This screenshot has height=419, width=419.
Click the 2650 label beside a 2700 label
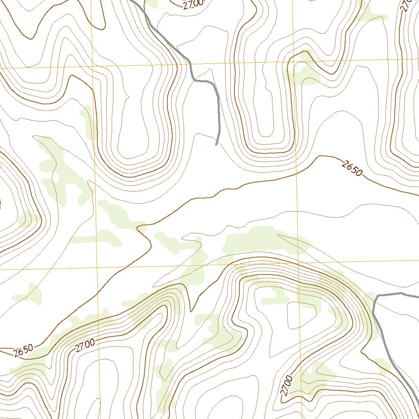click(x=23, y=350)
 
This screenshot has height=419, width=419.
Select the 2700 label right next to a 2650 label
click(x=85, y=345)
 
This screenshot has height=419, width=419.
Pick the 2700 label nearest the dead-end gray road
click(x=193, y=5)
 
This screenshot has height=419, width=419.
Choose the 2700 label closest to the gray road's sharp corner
click(x=287, y=385)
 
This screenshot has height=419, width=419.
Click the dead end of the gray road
click(x=216, y=144)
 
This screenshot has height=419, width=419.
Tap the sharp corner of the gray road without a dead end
click(x=376, y=295)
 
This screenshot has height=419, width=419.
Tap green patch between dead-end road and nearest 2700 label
click(x=152, y=4)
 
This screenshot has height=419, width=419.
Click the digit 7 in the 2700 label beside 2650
click(x=82, y=347)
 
